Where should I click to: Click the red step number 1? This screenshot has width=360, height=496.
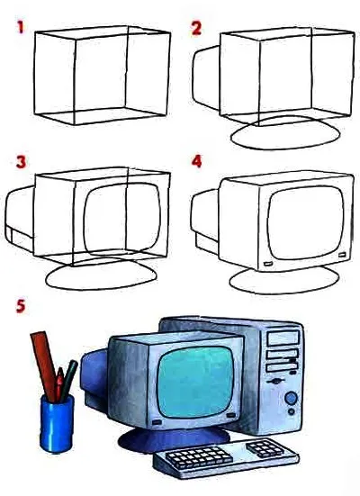coord(21,27)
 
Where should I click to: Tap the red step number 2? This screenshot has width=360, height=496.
coord(196,28)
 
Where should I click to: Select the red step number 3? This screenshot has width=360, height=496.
coord(21,162)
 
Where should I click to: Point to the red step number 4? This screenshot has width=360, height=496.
coord(196,162)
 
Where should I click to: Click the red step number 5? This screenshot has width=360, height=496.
coord(21,306)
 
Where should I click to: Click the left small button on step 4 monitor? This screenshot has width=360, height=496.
coord(267,263)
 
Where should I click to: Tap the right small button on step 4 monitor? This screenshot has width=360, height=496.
coord(342,255)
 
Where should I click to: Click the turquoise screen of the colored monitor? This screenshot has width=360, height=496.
coord(195,382)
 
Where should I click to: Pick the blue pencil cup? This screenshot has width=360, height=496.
coord(57,424)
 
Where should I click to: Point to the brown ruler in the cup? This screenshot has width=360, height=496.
coord(44,364)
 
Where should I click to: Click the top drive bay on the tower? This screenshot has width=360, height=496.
coord(283,338)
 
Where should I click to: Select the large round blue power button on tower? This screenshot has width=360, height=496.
coord(291,398)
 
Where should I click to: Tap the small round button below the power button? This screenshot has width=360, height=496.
coord(292,411)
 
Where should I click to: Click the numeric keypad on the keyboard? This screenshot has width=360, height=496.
coord(265,448)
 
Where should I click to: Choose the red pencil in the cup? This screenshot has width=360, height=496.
coord(59,383)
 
